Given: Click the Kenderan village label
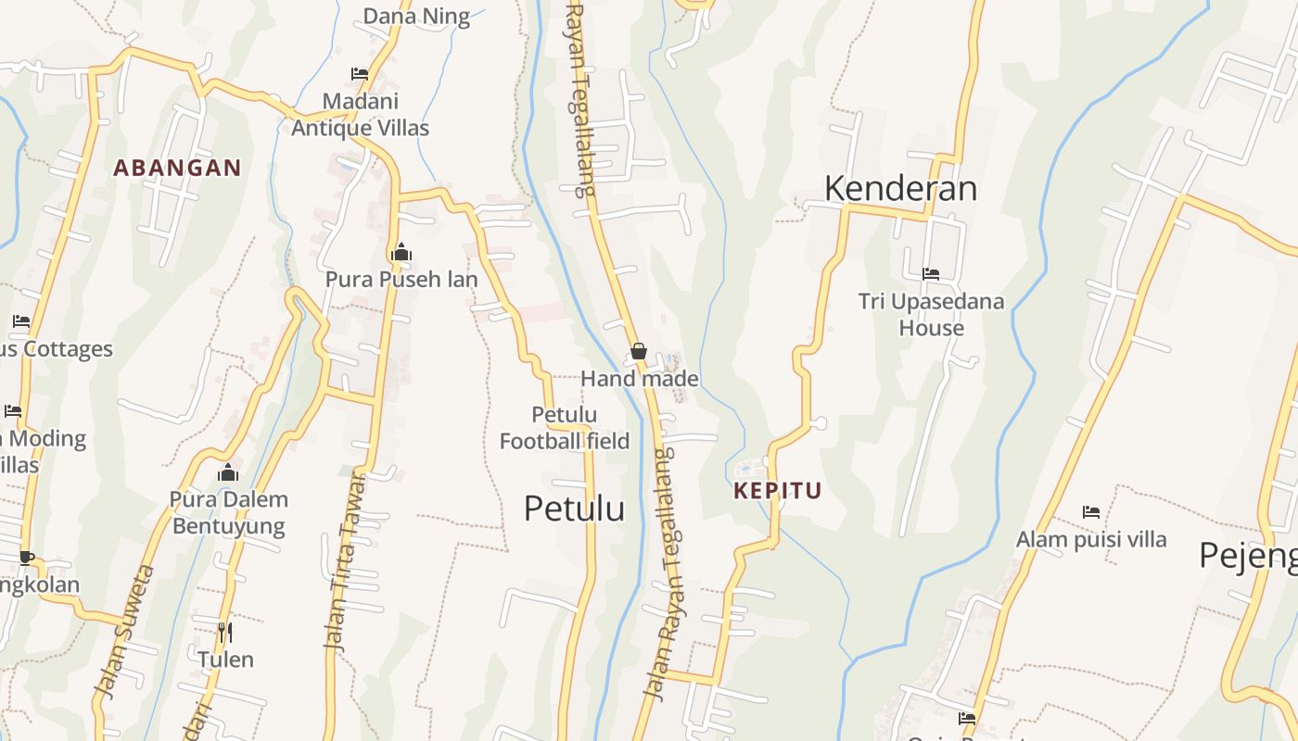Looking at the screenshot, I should tap(900, 188).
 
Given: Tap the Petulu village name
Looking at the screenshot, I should tap(574, 509).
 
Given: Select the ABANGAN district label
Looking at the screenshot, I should tap(177, 169).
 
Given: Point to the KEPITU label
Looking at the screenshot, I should tap(778, 491).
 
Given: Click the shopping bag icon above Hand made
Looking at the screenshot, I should tap(639, 351).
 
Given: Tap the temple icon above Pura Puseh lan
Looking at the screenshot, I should tap(401, 252).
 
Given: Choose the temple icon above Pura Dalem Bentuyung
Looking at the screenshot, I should tap(228, 472).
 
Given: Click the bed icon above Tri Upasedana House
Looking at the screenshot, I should tap(931, 274).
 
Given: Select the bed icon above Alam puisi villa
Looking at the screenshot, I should tap(1091, 511).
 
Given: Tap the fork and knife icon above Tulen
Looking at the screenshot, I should tap(225, 633).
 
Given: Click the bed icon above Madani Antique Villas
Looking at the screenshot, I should tap(360, 74).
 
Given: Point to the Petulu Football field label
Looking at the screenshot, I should tap(565, 428).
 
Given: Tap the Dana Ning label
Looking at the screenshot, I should tap(416, 16).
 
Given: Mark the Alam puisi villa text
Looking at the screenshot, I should tap(1091, 539).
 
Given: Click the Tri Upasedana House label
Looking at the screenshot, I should tap(931, 314).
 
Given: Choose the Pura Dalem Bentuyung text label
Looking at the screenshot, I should tap(229, 513).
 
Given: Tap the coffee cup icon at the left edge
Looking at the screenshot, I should tap(26, 558).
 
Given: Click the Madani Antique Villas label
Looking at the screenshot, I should tap(360, 114).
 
